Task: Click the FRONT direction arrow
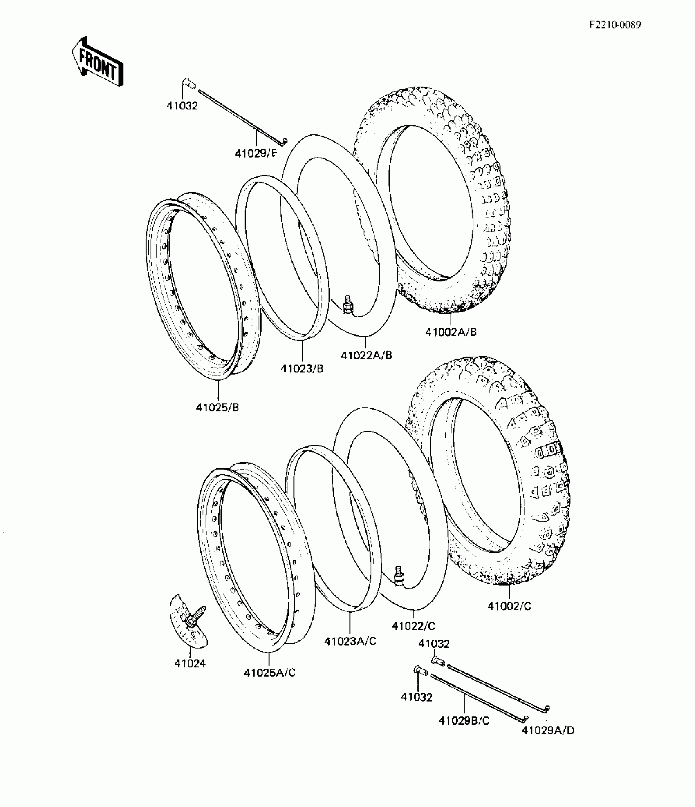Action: tap(97, 62)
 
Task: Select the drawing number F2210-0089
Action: tap(615, 25)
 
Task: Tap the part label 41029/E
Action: tap(256, 153)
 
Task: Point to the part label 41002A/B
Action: tap(451, 332)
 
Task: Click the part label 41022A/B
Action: tap(366, 355)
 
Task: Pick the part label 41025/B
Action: tap(217, 407)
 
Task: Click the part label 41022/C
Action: tap(413, 626)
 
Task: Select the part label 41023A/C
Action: tap(350, 641)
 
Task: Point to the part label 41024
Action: tap(190, 664)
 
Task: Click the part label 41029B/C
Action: tap(464, 721)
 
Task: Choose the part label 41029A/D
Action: tap(548, 731)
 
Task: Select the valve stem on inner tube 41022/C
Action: tap(399, 577)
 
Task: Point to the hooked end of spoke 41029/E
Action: tap(283, 141)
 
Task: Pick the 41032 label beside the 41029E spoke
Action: tap(182, 106)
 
